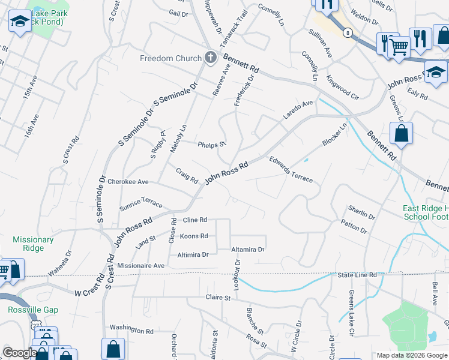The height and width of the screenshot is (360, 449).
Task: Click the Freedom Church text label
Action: pos(170,58)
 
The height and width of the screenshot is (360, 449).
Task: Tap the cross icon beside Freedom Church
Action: pos(210,58)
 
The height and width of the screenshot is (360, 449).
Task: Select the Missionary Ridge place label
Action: pos(33,244)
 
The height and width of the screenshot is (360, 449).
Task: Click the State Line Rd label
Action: pos(357,275)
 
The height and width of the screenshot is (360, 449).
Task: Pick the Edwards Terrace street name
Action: pos(291,170)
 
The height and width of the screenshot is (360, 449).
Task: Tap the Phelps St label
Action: pos(211,144)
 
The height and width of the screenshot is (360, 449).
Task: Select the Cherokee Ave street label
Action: pos(127,182)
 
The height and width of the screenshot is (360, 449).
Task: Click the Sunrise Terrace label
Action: pos(141,202)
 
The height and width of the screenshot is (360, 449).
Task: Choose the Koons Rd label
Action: pos(194,236)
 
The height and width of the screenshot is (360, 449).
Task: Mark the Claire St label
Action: pos(218,297)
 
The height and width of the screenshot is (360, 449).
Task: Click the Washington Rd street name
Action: pos(131,330)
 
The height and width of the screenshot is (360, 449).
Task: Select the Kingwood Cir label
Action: pos(342,86)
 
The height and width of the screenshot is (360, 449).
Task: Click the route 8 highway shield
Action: pos(348,33)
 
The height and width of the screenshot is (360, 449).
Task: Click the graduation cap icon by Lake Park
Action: pos(20,22)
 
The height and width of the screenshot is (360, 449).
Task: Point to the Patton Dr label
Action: pos(354,226)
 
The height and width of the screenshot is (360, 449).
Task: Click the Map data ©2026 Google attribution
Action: pos(411,355)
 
